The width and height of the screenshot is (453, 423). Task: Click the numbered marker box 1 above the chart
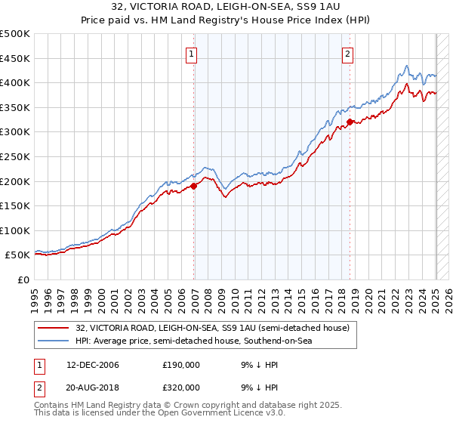click(x=193, y=54)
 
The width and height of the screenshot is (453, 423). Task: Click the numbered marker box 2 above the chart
click(x=348, y=54)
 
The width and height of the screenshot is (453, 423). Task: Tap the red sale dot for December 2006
click(x=194, y=186)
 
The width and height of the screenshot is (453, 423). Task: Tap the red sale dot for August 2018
click(x=350, y=122)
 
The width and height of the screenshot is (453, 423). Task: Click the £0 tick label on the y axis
click(x=23, y=279)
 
